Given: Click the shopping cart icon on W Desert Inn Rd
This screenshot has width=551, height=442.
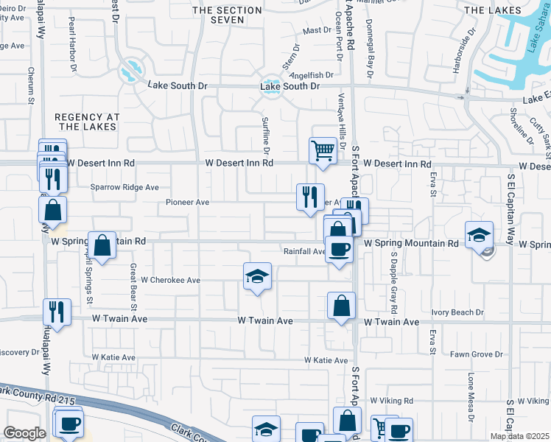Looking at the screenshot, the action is [x=323, y=151].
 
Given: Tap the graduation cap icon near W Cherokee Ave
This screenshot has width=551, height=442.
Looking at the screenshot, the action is [x=256, y=276].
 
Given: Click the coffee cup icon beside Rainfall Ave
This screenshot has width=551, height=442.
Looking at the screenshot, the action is [x=339, y=249].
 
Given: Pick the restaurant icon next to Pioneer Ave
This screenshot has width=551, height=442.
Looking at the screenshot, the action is [x=310, y=197].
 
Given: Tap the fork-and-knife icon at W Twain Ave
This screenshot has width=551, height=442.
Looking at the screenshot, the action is [x=56, y=312].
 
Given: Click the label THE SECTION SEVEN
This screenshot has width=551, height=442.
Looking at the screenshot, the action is [x=227, y=15].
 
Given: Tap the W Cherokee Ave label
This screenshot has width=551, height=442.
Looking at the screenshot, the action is [x=171, y=280].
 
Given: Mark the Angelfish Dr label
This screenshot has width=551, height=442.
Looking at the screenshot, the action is [x=312, y=75].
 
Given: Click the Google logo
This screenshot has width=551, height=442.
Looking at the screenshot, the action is [x=24, y=433].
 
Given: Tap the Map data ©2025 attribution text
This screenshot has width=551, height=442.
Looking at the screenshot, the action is [x=519, y=436].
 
